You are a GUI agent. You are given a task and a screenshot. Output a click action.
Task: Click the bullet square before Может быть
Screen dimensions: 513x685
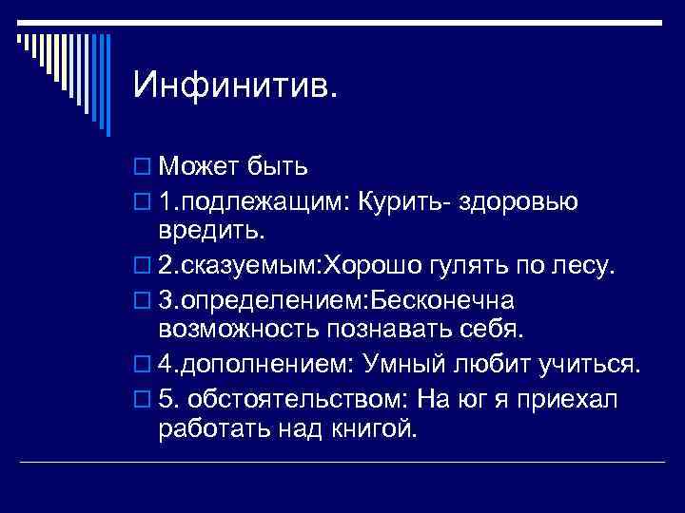click(x=143, y=169)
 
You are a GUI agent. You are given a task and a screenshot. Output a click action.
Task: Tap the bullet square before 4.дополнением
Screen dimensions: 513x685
click(x=143, y=364)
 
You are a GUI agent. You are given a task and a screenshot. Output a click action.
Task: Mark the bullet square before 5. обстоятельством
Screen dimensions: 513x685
click(x=143, y=397)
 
